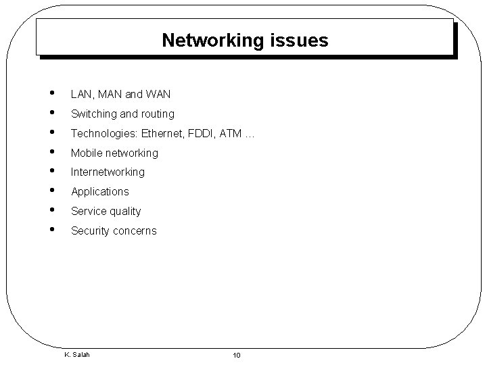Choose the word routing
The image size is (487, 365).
tap(156, 114)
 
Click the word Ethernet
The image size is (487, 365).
tap(163, 134)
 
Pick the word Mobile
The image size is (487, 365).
tap(86, 153)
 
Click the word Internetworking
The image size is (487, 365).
tap(108, 172)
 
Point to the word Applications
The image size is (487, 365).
tap(99, 192)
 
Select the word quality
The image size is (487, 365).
tap(124, 212)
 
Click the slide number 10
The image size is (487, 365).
tap(237, 356)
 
